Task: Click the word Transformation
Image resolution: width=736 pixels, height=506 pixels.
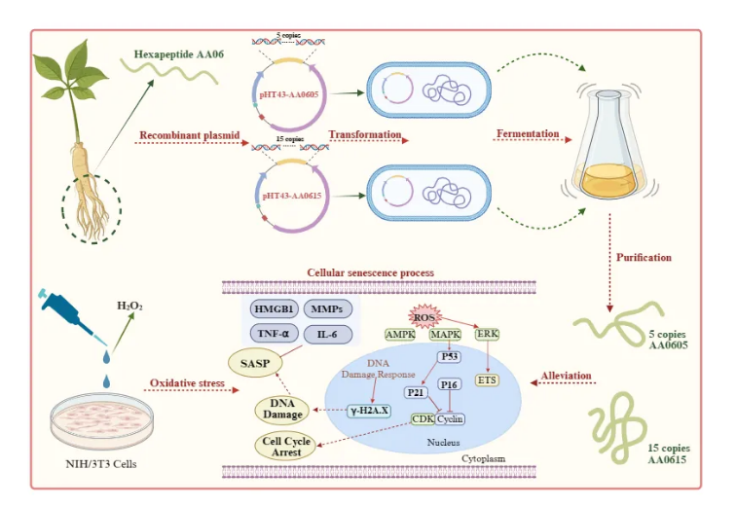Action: [364, 135]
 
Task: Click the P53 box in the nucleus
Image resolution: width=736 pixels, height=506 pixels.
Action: [449, 357]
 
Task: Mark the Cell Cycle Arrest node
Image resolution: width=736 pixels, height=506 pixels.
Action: [284, 447]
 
